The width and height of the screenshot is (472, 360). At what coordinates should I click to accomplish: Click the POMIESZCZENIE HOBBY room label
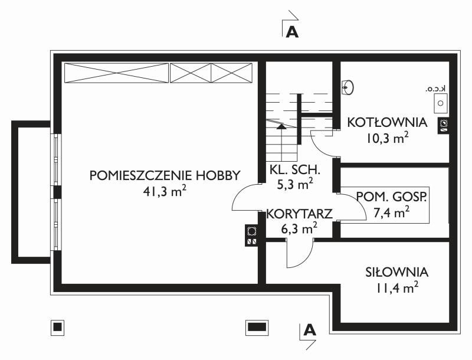165,175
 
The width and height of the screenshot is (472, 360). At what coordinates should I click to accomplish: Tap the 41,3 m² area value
165,191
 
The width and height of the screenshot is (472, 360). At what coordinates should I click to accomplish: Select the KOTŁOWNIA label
387,123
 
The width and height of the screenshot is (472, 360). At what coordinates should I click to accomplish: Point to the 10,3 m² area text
387,138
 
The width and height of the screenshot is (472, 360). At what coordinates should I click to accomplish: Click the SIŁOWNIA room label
396,272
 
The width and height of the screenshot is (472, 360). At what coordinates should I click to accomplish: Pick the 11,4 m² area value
396,288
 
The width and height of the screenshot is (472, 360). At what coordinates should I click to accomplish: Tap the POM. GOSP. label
391,197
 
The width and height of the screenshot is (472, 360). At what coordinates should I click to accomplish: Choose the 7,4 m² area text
391,212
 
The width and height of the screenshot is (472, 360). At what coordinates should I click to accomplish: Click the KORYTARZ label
299,214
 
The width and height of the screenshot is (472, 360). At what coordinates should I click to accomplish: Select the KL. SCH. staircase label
294,170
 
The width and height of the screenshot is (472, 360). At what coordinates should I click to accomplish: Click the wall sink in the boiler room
348,87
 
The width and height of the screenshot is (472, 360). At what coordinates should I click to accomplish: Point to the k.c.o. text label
435,89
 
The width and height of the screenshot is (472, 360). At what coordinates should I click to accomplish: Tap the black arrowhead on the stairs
281,126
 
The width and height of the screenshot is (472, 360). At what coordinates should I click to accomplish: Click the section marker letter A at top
291,32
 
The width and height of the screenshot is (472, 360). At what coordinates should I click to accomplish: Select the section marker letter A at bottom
310,330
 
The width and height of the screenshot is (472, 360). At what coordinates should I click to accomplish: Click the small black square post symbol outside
57,327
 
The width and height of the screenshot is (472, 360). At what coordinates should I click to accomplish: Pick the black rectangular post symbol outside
257,327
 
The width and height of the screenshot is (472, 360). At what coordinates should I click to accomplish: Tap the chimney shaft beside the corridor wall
251,235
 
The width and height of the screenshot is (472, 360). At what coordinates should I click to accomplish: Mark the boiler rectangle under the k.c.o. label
440,103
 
